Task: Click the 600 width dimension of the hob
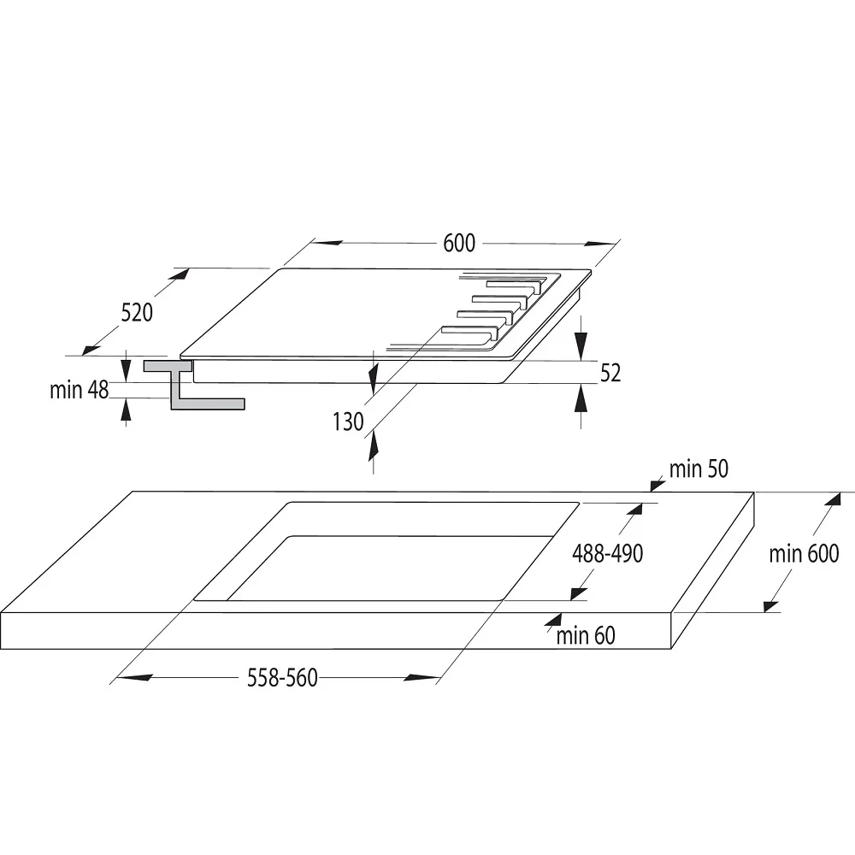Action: [x=459, y=243]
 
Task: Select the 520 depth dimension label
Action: [x=137, y=313]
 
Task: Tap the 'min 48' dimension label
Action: [x=79, y=391]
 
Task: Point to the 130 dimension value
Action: [x=348, y=422]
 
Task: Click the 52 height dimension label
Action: [x=610, y=373]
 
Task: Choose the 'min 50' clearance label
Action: [x=699, y=469]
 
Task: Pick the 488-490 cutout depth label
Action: [x=607, y=553]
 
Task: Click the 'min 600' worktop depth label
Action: [x=804, y=554]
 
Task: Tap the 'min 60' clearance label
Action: [x=586, y=635]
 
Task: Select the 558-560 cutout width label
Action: [x=282, y=678]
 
